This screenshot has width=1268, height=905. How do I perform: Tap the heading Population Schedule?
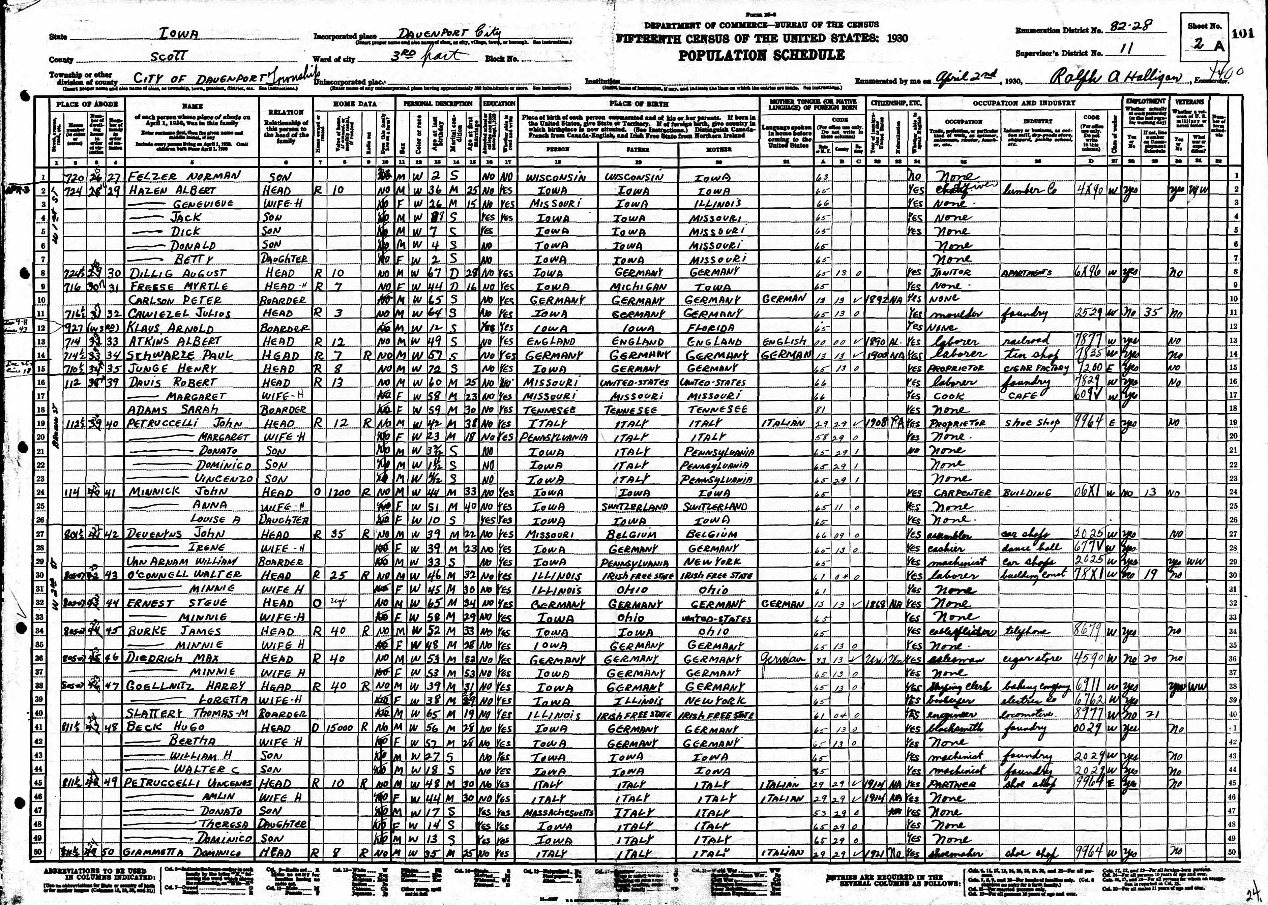[761, 55]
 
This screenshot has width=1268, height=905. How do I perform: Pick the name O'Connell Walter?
[184, 575]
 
